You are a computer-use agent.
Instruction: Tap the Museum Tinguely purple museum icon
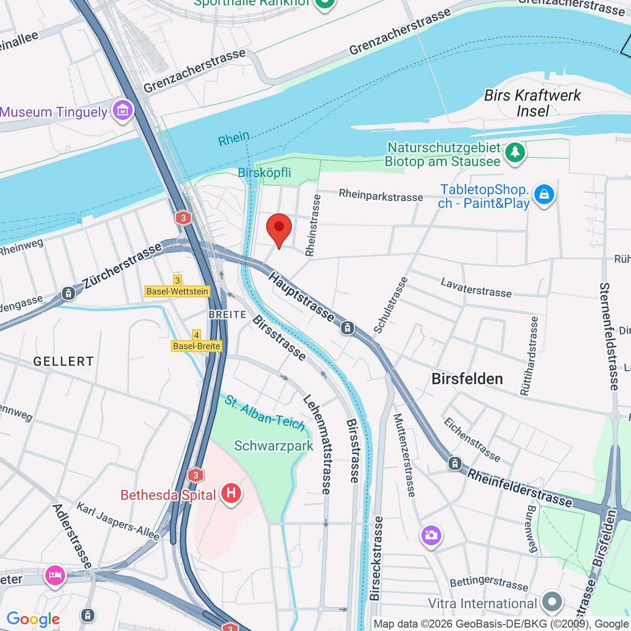click(x=123, y=109)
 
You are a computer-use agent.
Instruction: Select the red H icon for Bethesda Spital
click(x=231, y=493)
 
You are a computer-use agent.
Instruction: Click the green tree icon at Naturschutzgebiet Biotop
click(x=515, y=152)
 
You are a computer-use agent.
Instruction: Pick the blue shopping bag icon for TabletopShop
click(x=544, y=194)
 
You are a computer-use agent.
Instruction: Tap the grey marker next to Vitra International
click(x=552, y=602)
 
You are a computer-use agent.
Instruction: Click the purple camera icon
click(x=431, y=535)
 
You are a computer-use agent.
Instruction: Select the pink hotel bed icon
click(x=55, y=575)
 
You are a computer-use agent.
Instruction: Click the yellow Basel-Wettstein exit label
click(x=177, y=291)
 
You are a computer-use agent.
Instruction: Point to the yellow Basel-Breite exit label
click(x=197, y=346)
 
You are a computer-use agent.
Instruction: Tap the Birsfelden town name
click(x=467, y=379)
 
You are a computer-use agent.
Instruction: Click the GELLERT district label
click(x=63, y=362)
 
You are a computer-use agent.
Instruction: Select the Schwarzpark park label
click(x=274, y=446)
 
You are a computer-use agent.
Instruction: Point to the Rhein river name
click(x=234, y=139)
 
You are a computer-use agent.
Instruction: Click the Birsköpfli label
click(x=264, y=173)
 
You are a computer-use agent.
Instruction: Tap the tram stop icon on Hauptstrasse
click(x=348, y=327)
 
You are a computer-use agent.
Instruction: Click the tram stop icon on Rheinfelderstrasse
click(x=455, y=463)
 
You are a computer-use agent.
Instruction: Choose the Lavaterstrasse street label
click(x=476, y=288)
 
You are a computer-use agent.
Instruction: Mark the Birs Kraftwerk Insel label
click(x=532, y=103)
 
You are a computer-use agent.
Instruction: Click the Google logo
click(x=33, y=619)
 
